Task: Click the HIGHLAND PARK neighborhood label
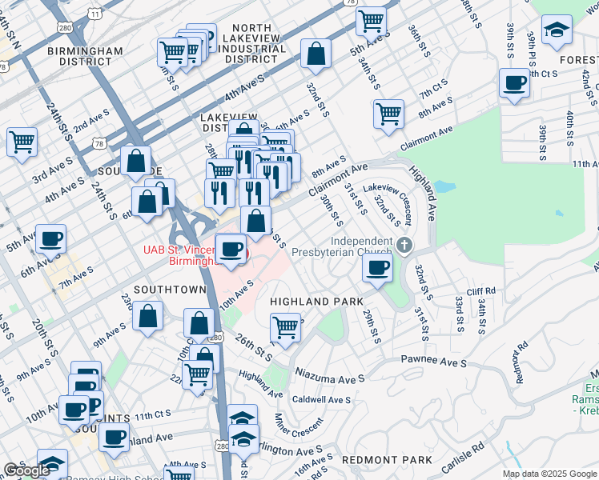311,301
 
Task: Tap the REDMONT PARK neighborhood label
386,460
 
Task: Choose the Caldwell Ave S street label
321,399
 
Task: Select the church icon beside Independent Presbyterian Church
406,244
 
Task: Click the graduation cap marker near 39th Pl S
557,31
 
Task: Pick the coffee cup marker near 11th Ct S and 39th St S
514,82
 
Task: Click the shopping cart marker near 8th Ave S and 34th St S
388,114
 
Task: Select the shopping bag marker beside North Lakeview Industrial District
316,54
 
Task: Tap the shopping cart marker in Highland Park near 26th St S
286,328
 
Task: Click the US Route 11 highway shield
95,14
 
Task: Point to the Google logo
26,471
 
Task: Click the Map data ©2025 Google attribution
549,474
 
